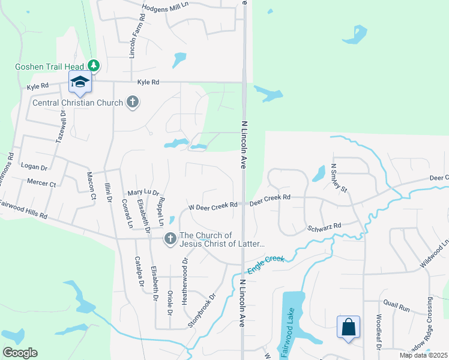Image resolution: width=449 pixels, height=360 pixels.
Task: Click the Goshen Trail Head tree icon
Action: (93, 65)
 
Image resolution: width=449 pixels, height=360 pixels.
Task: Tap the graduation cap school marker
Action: (79, 82)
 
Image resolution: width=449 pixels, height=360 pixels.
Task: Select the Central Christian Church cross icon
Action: (133, 103)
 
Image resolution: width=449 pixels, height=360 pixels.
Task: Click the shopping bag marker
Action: (348, 328)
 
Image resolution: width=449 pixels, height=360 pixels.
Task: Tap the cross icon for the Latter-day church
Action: (170, 239)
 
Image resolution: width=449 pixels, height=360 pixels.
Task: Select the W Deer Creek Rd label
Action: (214, 206)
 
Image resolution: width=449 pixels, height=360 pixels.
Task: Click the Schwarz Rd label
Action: (324, 226)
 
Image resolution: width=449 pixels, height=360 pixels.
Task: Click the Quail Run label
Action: (396, 307)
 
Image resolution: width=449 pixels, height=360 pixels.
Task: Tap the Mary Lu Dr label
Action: (142, 193)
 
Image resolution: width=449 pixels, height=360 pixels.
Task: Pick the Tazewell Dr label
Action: (59, 124)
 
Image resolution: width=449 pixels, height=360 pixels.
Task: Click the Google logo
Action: (20, 353)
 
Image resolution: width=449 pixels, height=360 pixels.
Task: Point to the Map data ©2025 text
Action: (423, 355)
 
